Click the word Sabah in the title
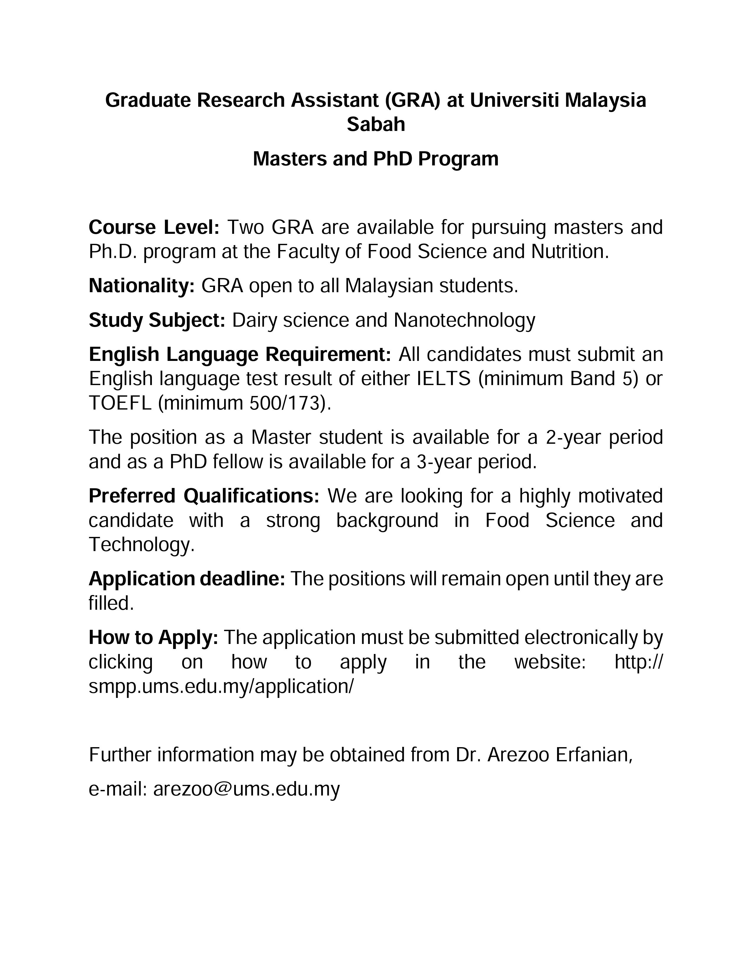click(375, 124)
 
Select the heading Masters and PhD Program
click(375, 159)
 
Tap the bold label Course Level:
click(154, 227)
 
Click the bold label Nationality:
click(142, 286)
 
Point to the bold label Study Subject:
click(157, 320)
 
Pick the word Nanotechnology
click(464, 320)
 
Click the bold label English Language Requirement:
click(240, 355)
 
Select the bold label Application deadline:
click(187, 579)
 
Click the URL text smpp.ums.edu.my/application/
click(221, 686)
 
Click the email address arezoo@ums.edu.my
click(246, 789)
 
